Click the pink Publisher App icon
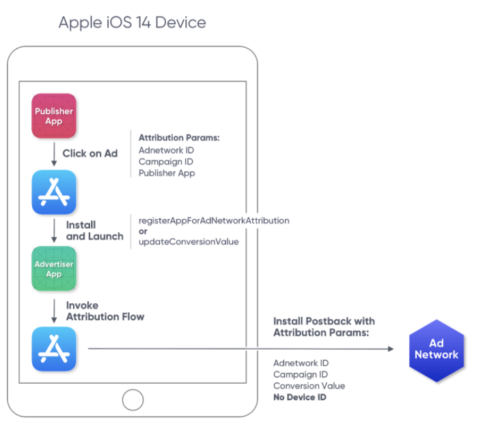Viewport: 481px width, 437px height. [x=54, y=116]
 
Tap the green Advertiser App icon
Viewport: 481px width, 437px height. [x=54, y=268]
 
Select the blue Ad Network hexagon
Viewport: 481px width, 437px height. [x=436, y=350]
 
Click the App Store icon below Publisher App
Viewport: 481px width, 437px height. [x=54, y=193]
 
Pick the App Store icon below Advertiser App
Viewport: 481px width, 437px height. [x=54, y=349]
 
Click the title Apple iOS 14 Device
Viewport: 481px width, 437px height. [x=132, y=22]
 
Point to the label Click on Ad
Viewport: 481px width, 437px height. [x=90, y=154]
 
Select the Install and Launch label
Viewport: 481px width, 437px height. [x=94, y=230]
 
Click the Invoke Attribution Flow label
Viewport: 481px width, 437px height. [x=105, y=311]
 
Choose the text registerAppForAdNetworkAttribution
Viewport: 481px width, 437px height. [x=214, y=221]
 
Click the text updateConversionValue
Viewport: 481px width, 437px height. [x=189, y=242]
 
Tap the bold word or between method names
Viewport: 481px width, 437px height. [x=143, y=231]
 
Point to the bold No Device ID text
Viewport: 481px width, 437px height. [x=300, y=397]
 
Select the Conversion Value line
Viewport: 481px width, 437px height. [x=309, y=386]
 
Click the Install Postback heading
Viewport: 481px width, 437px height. [x=324, y=326]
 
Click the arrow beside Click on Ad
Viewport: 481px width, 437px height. [x=54, y=154]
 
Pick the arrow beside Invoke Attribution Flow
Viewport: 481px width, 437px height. [x=54, y=311]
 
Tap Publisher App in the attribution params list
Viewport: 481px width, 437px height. [x=167, y=173]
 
